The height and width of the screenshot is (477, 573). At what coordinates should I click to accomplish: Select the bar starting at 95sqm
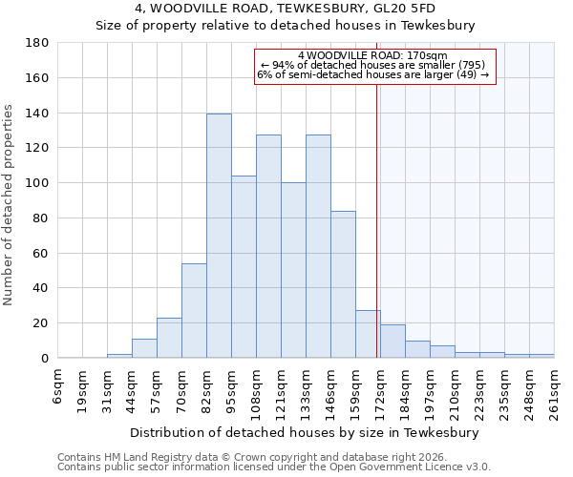pyautogui.click(x=244, y=267)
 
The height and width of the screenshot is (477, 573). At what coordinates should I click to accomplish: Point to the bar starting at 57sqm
pyautogui.click(x=169, y=338)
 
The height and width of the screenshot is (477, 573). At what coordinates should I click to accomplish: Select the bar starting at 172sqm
pyautogui.click(x=393, y=342)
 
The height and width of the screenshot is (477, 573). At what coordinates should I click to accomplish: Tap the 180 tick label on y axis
pyautogui.click(x=37, y=43)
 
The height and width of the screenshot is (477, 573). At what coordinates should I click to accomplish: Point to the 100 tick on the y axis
pyautogui.click(x=37, y=183)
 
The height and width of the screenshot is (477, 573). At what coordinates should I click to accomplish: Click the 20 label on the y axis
pyautogui.click(x=41, y=323)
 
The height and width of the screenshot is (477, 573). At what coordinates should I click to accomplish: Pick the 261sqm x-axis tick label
pyautogui.click(x=554, y=391)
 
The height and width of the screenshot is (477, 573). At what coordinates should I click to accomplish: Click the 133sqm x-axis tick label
pyautogui.click(x=307, y=391)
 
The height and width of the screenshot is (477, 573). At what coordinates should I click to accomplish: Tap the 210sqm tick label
pyautogui.click(x=455, y=391)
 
